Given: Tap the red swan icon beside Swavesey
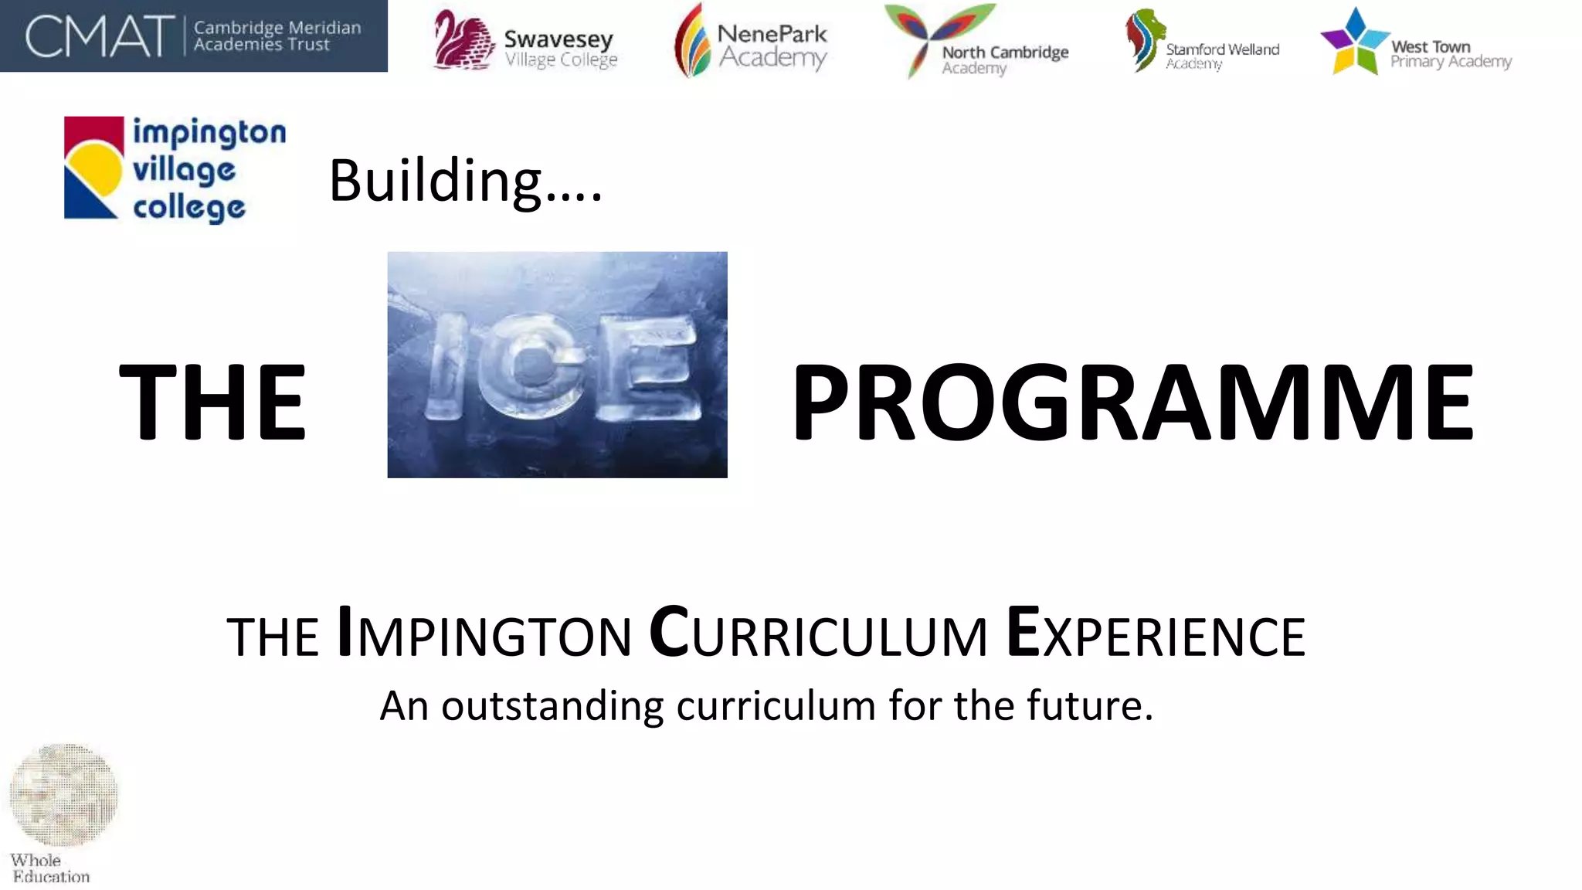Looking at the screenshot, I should [462, 40].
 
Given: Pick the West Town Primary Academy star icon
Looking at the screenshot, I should [1354, 42].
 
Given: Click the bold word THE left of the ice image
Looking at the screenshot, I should [213, 403].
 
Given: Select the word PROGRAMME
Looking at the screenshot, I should [1133, 403].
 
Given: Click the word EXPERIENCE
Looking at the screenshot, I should [1156, 635].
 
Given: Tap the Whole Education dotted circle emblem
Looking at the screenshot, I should [63, 794].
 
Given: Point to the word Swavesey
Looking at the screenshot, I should [558, 39].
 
